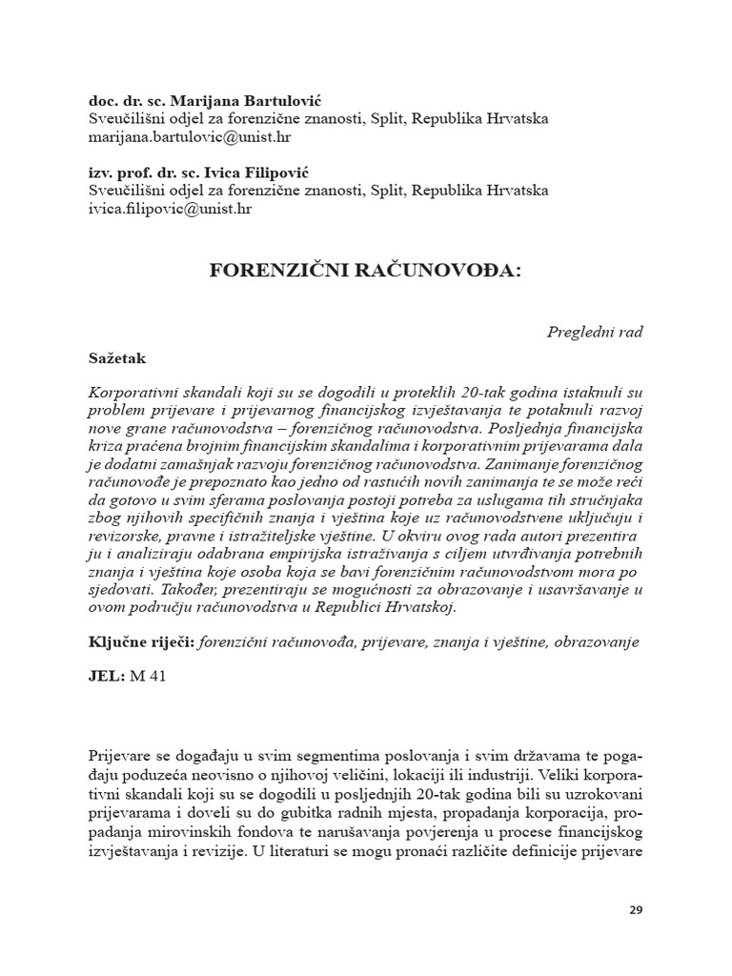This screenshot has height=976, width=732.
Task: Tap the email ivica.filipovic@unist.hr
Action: point(170,210)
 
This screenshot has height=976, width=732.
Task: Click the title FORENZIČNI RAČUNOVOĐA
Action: point(365,271)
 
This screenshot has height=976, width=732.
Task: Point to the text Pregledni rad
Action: point(595,332)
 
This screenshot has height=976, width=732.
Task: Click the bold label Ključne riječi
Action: point(139,643)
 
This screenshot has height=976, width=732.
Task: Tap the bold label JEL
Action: point(102,679)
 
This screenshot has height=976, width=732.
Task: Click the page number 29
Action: point(636,909)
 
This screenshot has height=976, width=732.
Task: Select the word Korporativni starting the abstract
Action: point(132,392)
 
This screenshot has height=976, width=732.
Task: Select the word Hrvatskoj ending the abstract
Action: point(421,607)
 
